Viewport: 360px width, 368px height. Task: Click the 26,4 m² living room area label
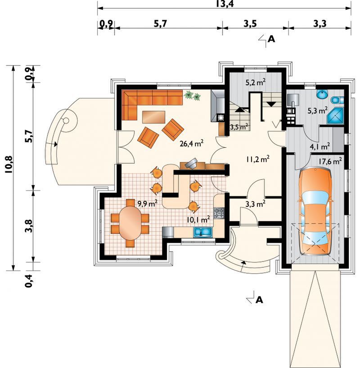click(x=191, y=143)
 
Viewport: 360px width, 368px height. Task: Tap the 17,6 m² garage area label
click(x=330, y=161)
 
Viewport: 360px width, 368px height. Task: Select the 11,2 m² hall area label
click(x=258, y=159)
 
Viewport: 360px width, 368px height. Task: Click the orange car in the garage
click(x=315, y=211)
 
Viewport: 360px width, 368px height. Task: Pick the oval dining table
click(x=130, y=223)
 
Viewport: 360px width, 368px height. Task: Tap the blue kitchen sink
click(x=202, y=232)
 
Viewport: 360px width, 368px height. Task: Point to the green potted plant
click(x=192, y=96)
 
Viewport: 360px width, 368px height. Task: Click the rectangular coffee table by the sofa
click(x=153, y=117)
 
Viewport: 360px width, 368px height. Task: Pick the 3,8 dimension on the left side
click(x=29, y=226)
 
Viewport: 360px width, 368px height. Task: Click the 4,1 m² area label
click(x=320, y=147)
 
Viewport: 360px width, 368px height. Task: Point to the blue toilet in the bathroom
click(x=337, y=100)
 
